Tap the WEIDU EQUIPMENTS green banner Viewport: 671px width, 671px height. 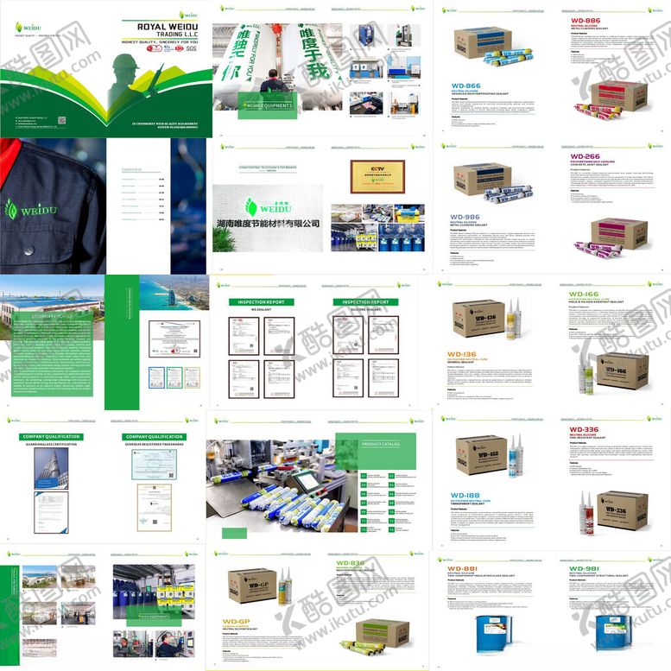tap(268, 105)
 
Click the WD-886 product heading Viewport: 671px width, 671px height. tap(586, 19)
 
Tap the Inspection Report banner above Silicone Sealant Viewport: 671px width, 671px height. tap(366, 302)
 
